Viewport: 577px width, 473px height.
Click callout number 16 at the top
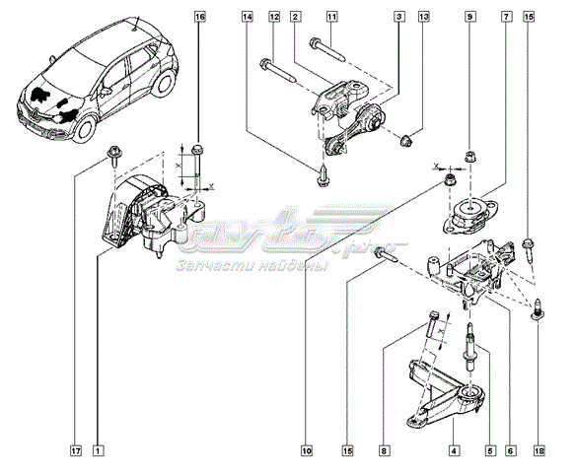(x=200, y=17)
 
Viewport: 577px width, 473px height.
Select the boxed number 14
(x=247, y=17)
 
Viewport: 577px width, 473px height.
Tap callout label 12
(x=273, y=17)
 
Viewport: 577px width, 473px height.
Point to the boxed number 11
(x=332, y=17)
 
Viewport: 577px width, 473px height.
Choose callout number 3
(x=398, y=17)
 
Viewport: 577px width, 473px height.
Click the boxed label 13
(x=424, y=17)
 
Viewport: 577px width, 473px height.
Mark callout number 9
(x=470, y=17)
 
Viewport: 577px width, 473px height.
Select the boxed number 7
(x=506, y=17)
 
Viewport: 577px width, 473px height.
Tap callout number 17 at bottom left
(x=75, y=452)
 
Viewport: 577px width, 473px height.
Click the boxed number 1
(x=98, y=452)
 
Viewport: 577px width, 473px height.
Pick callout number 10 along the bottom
(x=307, y=452)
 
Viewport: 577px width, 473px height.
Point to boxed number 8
(x=383, y=452)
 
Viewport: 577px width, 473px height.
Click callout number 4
(x=453, y=452)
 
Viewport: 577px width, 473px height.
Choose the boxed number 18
(x=538, y=452)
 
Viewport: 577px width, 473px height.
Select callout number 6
(x=510, y=452)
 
